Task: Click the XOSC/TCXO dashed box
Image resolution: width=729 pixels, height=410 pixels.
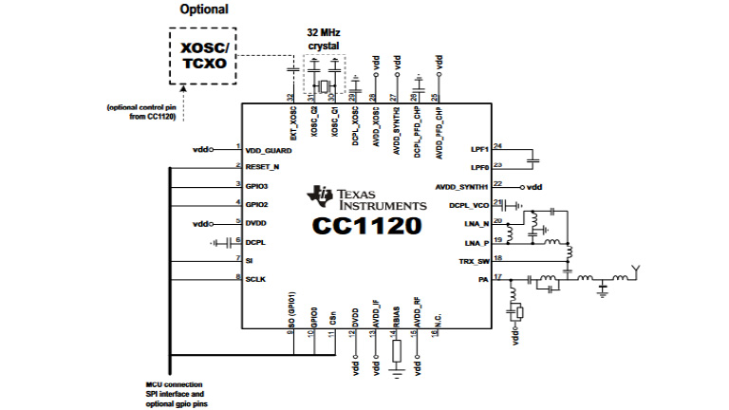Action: coord(200,55)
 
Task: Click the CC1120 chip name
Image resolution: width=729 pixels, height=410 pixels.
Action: coord(364,226)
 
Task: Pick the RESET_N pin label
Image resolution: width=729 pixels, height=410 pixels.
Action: coord(262,166)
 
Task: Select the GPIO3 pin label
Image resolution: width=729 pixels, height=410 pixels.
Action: coord(256,186)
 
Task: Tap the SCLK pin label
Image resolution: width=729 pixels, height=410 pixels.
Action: coord(255,278)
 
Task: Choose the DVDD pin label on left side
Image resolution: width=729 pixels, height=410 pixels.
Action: coord(255,223)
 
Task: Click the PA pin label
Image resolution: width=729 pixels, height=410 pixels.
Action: coord(483,278)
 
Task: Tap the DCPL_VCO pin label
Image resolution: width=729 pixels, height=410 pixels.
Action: coord(469,205)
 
